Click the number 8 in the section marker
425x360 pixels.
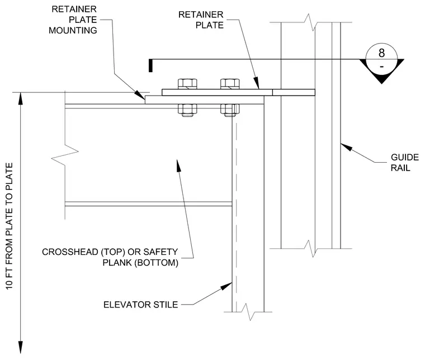(x=381, y=53)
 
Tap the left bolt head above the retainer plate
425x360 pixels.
(x=187, y=84)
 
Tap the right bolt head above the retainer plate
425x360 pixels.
(x=230, y=84)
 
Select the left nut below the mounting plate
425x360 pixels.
(x=187, y=110)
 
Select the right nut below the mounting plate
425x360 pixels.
(x=230, y=110)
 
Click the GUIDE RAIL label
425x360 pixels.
(x=405, y=163)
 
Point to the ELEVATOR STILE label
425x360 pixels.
(x=141, y=305)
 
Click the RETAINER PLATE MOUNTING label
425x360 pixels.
(x=73, y=20)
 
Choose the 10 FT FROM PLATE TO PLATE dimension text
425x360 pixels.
(x=9, y=226)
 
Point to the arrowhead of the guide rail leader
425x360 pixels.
(x=346, y=147)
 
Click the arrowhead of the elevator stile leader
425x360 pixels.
(x=226, y=286)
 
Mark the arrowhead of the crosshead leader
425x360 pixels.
(x=178, y=165)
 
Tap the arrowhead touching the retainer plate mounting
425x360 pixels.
(x=140, y=95)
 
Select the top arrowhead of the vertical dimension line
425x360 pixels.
(x=20, y=98)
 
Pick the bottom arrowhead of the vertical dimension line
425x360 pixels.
(x=20, y=348)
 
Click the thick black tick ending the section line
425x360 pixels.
(x=150, y=66)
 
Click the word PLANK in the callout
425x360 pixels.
(x=117, y=263)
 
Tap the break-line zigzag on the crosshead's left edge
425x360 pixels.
(x=65, y=154)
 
